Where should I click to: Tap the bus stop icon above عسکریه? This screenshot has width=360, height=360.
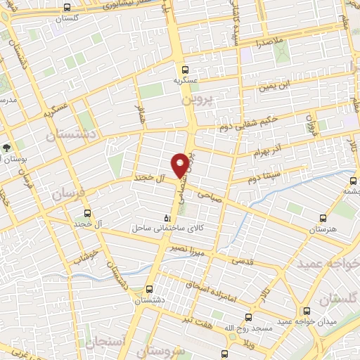(185, 70)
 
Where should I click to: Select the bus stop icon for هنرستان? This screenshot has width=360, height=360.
(323, 219)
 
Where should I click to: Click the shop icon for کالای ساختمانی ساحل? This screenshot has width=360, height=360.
(167, 219)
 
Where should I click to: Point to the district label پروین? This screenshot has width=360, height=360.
(198, 100)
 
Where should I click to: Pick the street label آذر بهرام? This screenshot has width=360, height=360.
(267, 152)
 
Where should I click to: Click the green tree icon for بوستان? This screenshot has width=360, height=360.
(6, 149)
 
